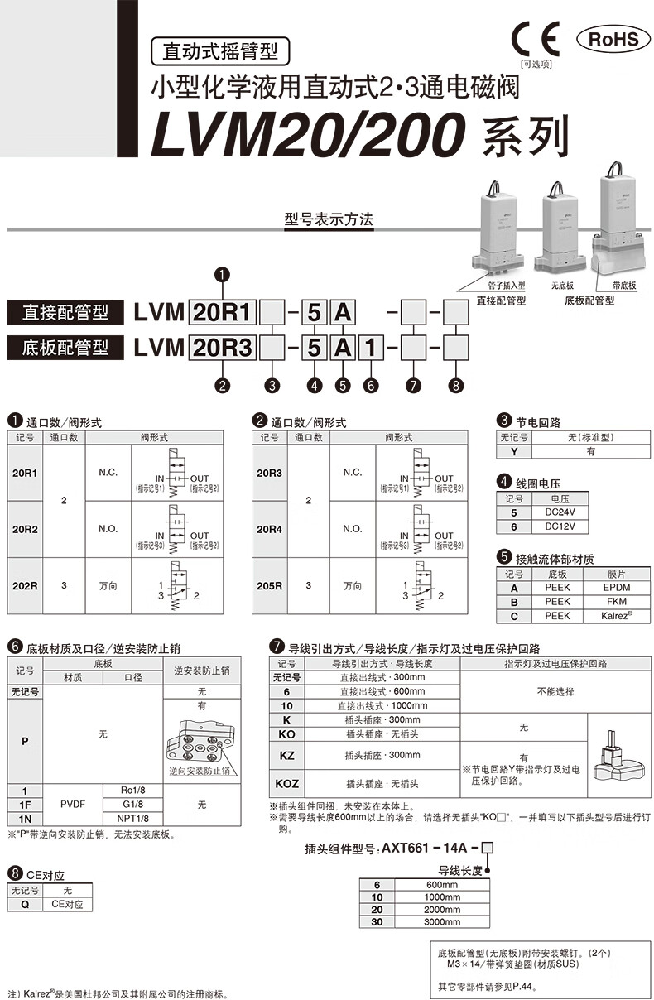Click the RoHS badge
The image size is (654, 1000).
[x=613, y=39]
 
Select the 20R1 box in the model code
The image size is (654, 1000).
[x=223, y=313]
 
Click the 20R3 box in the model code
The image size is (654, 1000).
[x=223, y=348]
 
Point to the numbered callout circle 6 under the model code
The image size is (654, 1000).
[x=370, y=384]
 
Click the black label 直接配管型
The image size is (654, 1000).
[x=65, y=313]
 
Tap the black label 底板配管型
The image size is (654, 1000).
[x=65, y=348]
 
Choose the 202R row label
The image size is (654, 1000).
[x=25, y=585]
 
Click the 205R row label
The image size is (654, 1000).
[x=269, y=585]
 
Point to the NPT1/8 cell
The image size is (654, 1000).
[x=133, y=818]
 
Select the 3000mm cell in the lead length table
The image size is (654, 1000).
[x=441, y=921]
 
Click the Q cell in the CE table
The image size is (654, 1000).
[x=24, y=904]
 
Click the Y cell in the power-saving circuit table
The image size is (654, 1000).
[x=513, y=452]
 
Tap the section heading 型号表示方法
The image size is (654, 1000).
[x=329, y=219]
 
